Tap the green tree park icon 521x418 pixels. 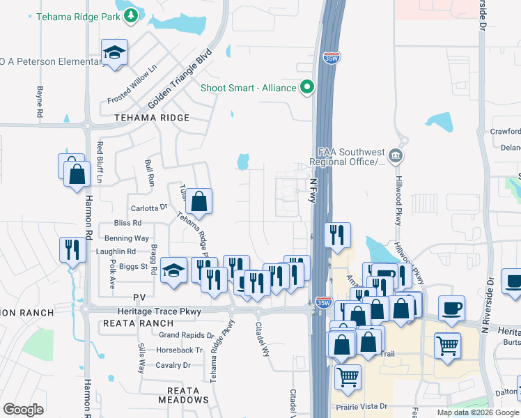point(130,15)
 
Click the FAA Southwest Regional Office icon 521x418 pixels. point(395,155)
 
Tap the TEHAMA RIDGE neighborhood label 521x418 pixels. point(153,118)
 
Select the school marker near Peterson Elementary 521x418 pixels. point(114,53)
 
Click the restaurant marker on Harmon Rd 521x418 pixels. point(72,249)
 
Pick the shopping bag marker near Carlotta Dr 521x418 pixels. point(199,201)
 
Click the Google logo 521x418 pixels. point(23,410)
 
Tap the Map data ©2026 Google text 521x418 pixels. point(478,412)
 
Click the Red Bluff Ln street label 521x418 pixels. point(100,162)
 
